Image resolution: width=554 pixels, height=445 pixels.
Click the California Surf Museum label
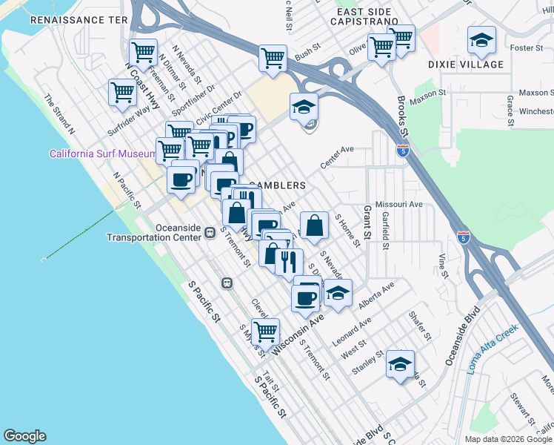pos(102,154)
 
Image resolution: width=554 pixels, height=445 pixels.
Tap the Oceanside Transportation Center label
pos(154,233)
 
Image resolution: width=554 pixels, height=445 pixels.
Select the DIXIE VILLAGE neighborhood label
pos(466,65)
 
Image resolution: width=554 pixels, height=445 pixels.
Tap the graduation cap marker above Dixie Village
pos(481,41)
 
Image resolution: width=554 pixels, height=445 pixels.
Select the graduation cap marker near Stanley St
pos(400,364)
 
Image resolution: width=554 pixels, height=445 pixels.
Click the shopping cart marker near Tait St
pos(265,331)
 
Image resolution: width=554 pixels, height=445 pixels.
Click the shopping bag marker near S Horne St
pos(314,225)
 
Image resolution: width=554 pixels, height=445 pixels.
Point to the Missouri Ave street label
pos(398,204)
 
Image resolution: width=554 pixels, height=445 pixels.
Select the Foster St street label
pos(527,48)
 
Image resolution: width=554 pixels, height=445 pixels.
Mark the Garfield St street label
pos(385,231)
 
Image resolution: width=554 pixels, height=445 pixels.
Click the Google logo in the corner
pos(24,436)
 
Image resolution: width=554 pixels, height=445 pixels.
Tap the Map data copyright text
pos(507,439)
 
